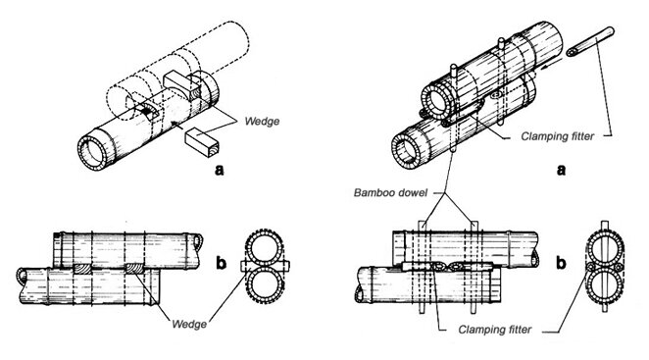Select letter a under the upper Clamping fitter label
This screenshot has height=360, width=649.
tap(561, 168)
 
